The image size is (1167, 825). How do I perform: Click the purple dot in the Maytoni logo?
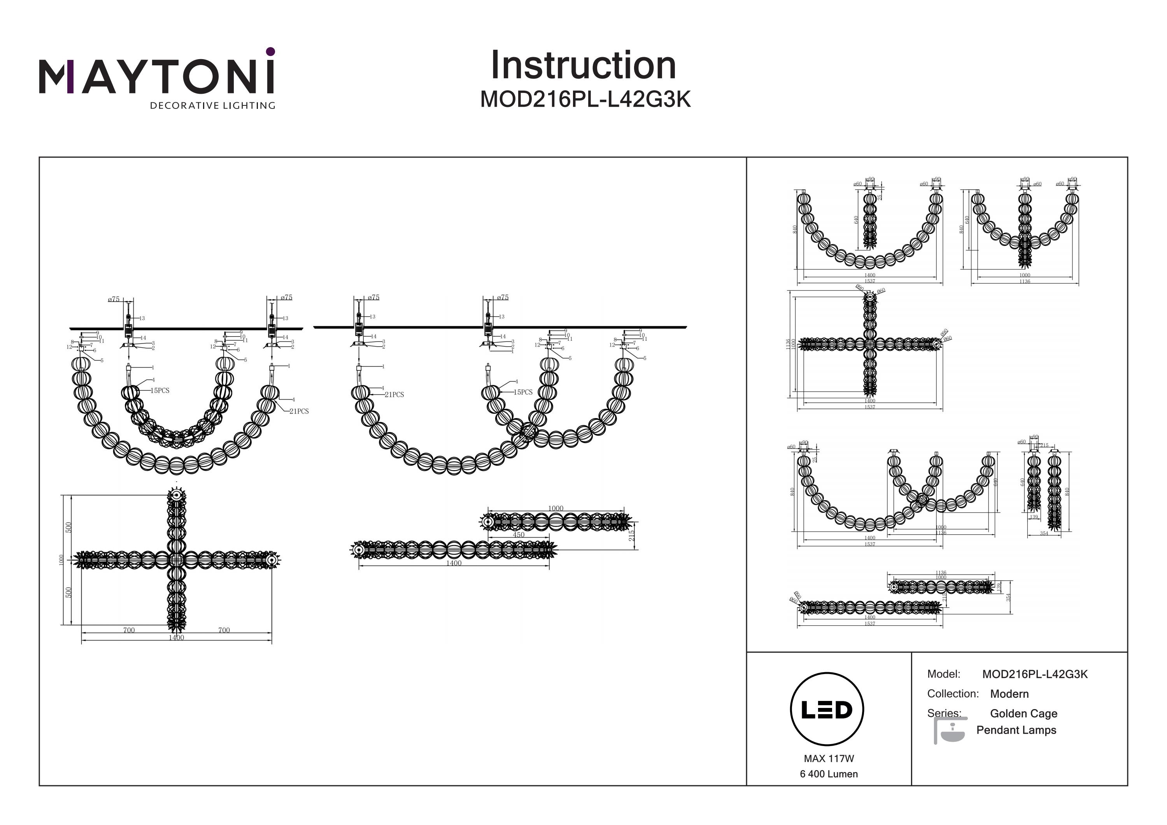coord(270,51)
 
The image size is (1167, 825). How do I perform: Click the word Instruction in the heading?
coord(583,66)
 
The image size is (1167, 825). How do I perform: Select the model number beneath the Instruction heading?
coord(585,100)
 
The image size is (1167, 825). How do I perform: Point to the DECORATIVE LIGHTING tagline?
coord(212,106)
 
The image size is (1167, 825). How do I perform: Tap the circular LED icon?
coord(827,709)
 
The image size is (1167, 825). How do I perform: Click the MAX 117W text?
coord(829,758)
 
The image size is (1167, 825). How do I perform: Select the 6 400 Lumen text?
coord(829,774)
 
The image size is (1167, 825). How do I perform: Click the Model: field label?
coord(943,674)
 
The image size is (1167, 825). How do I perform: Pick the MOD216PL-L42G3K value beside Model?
coord(1034,674)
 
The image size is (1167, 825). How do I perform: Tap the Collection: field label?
coord(953,694)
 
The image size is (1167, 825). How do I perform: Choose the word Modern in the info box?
coord(1009,694)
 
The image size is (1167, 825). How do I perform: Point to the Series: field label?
coord(944,713)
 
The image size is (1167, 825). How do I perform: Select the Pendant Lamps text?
coord(1016,730)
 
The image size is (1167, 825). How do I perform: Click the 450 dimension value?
coord(519,535)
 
